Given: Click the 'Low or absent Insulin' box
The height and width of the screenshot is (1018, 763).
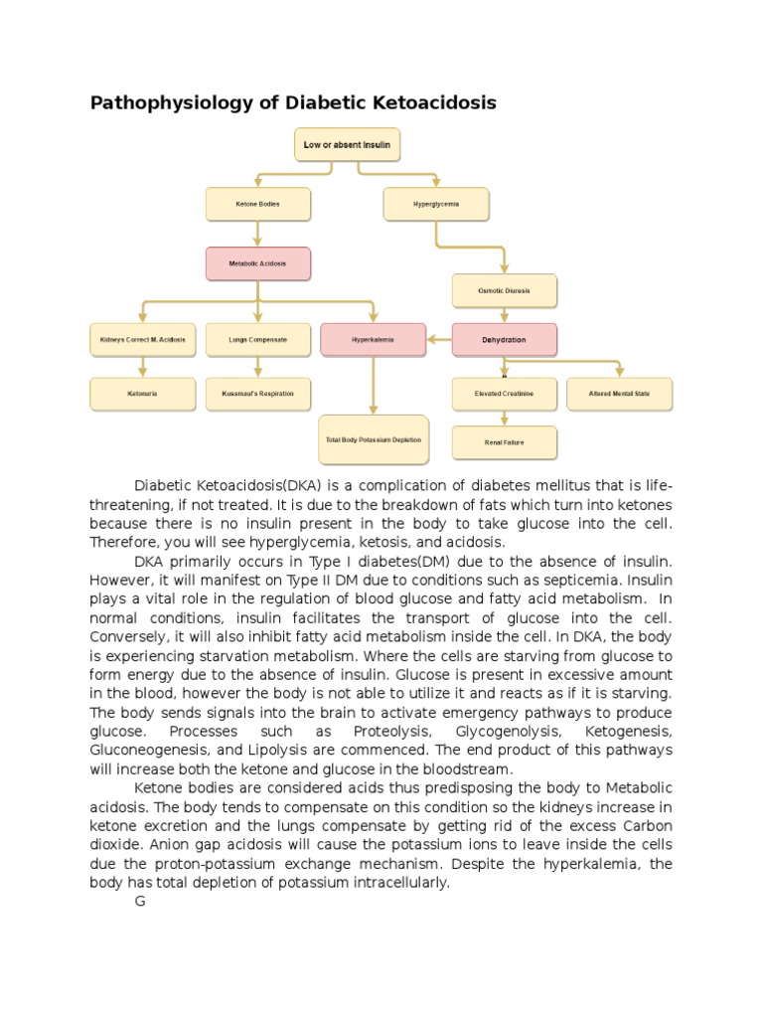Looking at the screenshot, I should pyautogui.click(x=348, y=144).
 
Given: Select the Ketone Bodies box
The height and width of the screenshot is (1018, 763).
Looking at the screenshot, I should pyautogui.click(x=257, y=204).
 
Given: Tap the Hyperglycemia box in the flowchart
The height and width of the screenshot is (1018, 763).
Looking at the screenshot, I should pyautogui.click(x=436, y=204).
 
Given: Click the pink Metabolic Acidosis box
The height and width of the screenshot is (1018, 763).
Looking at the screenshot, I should pyautogui.click(x=258, y=263).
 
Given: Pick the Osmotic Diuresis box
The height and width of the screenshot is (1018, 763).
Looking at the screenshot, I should pyautogui.click(x=505, y=290).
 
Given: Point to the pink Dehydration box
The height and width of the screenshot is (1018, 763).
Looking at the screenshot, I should pyautogui.click(x=505, y=339).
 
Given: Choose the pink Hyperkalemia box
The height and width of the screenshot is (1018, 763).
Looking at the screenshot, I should pyautogui.click(x=374, y=339).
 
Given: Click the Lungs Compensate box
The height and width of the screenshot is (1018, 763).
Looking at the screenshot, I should pyautogui.click(x=257, y=339).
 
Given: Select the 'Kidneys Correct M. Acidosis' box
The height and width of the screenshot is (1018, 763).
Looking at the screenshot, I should pyautogui.click(x=143, y=339).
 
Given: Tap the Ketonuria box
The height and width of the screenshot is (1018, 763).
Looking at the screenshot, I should pyautogui.click(x=143, y=394).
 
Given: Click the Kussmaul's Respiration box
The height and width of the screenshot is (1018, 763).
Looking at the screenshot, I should pyautogui.click(x=257, y=394).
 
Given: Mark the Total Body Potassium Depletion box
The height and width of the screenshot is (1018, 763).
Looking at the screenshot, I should pyautogui.click(x=374, y=439).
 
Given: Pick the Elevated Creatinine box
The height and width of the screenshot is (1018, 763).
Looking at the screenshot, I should pyautogui.click(x=505, y=394).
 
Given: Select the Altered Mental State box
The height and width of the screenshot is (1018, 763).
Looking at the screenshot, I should pyautogui.click(x=620, y=394).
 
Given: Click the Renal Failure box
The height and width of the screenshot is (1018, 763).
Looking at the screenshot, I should pyautogui.click(x=505, y=442).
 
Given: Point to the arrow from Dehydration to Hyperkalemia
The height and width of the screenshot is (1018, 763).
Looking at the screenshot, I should pyautogui.click(x=439, y=339).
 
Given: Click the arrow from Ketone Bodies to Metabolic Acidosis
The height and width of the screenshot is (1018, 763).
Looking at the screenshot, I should pyautogui.click(x=258, y=234).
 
